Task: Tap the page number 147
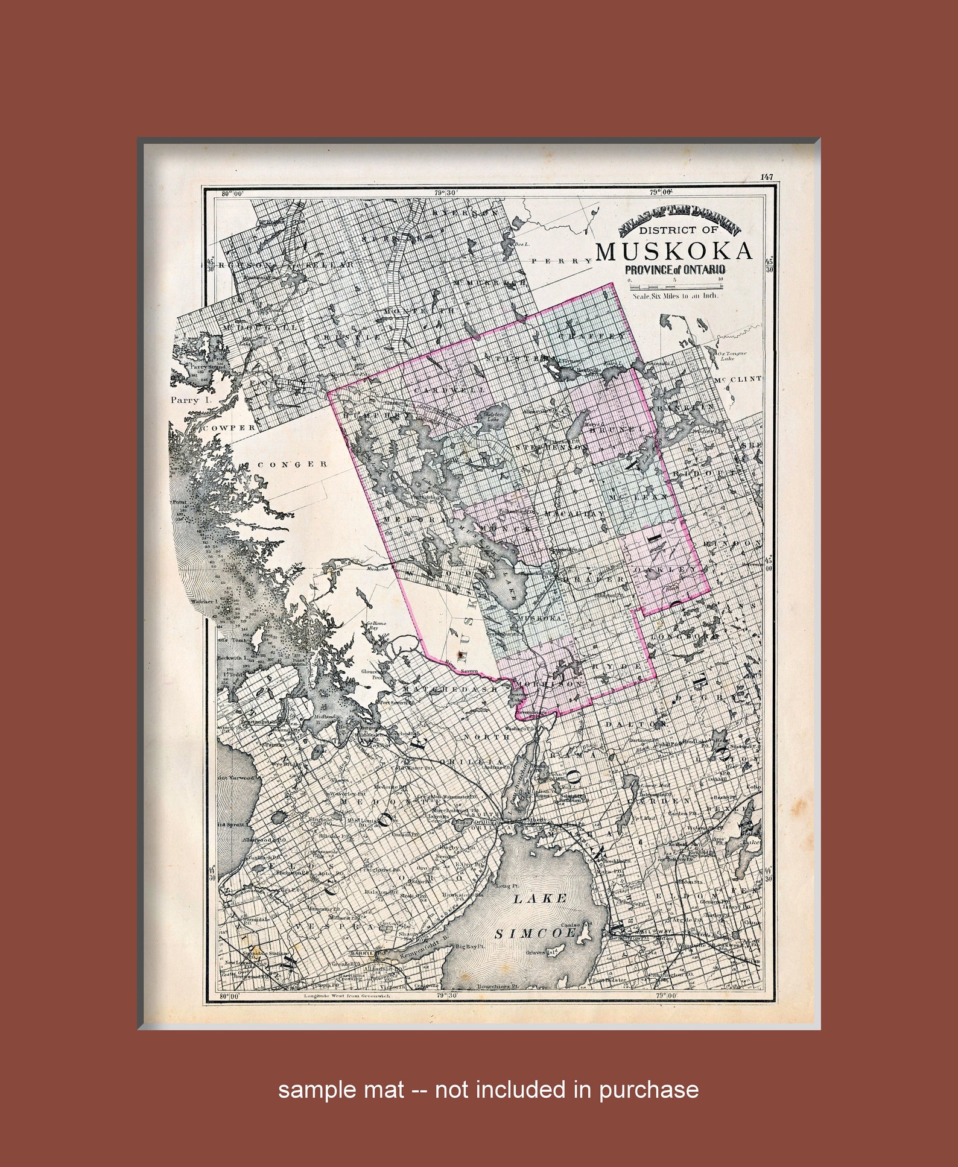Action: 766,177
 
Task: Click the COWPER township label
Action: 229,427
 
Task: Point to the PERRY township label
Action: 562,261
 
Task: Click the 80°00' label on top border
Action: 232,194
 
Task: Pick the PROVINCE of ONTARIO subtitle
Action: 674,270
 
